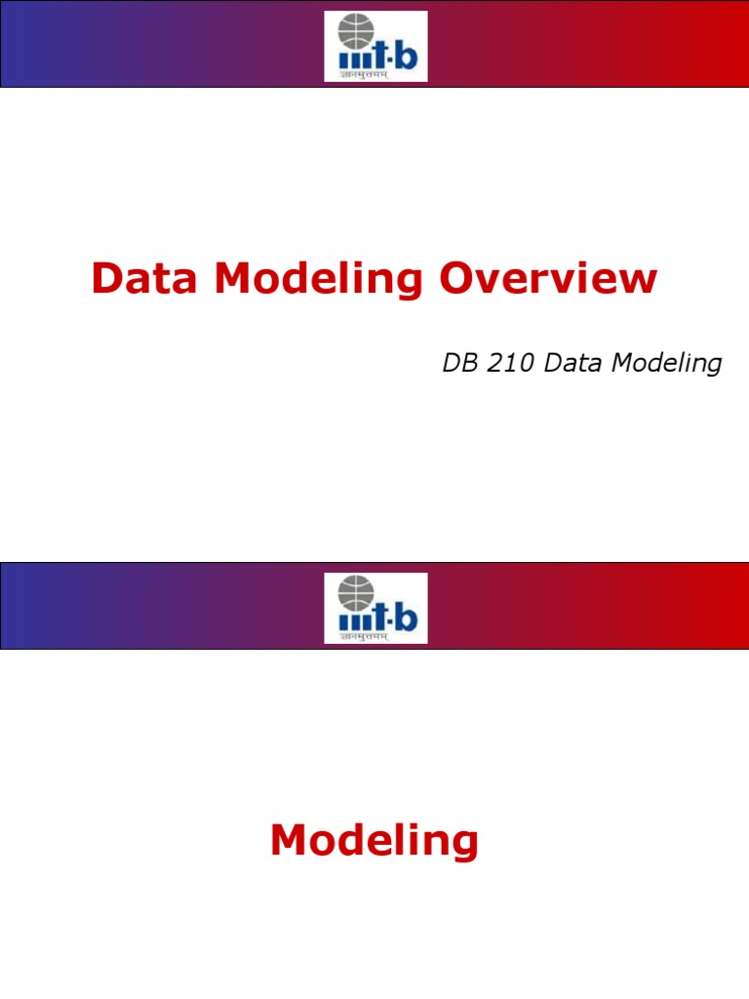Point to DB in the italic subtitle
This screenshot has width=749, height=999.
tap(459, 364)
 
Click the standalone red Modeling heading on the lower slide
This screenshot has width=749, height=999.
tap(374, 840)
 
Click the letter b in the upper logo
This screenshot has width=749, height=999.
tap(405, 55)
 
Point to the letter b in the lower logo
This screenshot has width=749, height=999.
tap(405, 617)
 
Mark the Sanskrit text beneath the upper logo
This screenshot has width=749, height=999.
tap(363, 74)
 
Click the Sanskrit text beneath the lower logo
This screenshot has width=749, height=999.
tap(363, 636)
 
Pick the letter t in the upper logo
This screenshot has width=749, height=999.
tap(380, 55)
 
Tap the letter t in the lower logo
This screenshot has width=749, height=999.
tap(380, 617)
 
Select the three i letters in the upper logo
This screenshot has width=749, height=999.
tap(352, 59)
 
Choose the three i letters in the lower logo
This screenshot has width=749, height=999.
tap(352, 620)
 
